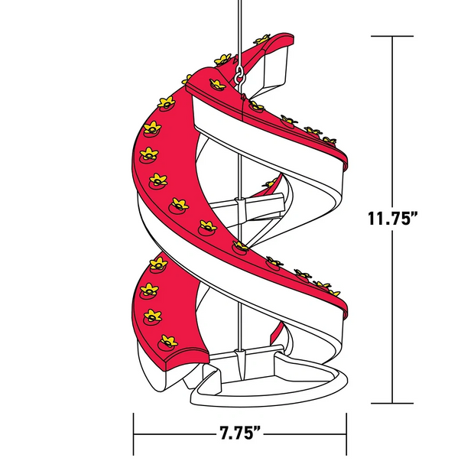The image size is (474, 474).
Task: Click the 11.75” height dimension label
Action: click(x=392, y=218)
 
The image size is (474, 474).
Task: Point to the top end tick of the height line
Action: click(x=392, y=36)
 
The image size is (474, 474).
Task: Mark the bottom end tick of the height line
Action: click(x=392, y=403)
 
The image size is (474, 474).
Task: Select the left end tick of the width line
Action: click(x=135, y=433)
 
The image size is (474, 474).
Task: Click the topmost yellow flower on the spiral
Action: click(x=263, y=38)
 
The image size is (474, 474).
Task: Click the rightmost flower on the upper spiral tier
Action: click(x=329, y=141)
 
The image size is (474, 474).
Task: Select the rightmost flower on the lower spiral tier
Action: click(x=333, y=292)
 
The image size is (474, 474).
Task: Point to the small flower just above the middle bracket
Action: click(x=270, y=183)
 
